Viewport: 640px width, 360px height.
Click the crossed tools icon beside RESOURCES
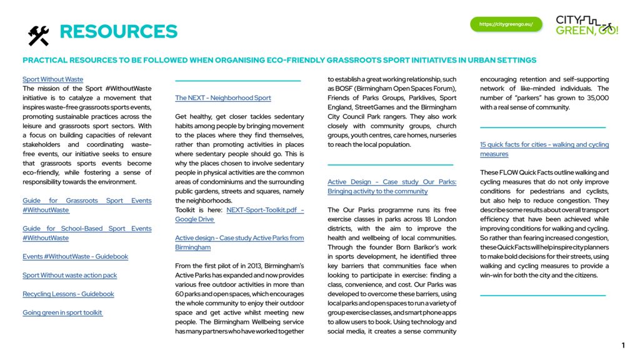point(38,36)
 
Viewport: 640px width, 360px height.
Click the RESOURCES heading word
point(118,32)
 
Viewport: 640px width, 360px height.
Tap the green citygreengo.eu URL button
point(506,24)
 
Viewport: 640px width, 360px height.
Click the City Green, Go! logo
point(586,25)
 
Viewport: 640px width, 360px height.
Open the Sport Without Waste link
point(52,79)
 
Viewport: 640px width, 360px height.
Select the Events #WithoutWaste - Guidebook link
point(75,256)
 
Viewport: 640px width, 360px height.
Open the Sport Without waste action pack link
point(69,275)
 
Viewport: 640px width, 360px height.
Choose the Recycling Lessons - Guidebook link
point(68,294)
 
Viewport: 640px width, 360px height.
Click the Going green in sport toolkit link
point(62,312)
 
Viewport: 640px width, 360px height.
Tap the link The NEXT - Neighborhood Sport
point(223,98)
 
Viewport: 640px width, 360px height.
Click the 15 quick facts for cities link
point(544,145)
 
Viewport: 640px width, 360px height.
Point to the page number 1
point(622,346)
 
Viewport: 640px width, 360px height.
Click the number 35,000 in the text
point(596,98)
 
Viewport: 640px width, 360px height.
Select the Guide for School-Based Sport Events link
point(87,229)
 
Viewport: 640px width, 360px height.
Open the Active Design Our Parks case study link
point(392,182)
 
